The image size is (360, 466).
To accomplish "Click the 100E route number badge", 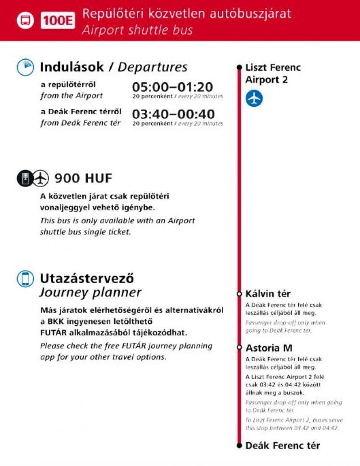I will coord(58,21).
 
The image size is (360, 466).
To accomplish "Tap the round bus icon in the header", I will coord(25,21).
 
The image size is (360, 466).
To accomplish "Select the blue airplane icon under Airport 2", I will coord(254,99).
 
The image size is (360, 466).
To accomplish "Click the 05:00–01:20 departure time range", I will coord(172,87).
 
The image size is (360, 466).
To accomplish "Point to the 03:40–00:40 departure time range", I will coord(173,114).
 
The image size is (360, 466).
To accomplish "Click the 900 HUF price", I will coord(83,179).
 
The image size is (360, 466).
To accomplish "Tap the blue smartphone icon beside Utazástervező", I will coord(25,278).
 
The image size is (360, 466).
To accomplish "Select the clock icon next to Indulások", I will coord(25,67).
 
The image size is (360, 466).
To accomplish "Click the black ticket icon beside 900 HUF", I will coord(25,179).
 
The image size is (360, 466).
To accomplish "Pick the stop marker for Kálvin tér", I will coord(239,294).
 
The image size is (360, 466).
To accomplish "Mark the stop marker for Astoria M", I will coord(239,348).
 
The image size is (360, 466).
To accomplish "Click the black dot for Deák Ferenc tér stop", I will coord(239,446).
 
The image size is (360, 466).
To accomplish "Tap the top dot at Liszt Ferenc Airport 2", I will coord(239,68).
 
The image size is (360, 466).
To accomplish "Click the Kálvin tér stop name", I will coord(268,294).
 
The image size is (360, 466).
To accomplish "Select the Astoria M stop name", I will coord(269,348).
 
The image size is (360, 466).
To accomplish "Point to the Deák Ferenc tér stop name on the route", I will coord(282,446).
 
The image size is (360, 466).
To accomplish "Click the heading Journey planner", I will coord(90,292).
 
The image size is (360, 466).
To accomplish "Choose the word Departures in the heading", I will coord(153,67).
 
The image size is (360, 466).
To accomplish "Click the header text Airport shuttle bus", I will coord(137,30).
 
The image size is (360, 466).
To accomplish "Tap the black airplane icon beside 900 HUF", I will coord(41,179).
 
